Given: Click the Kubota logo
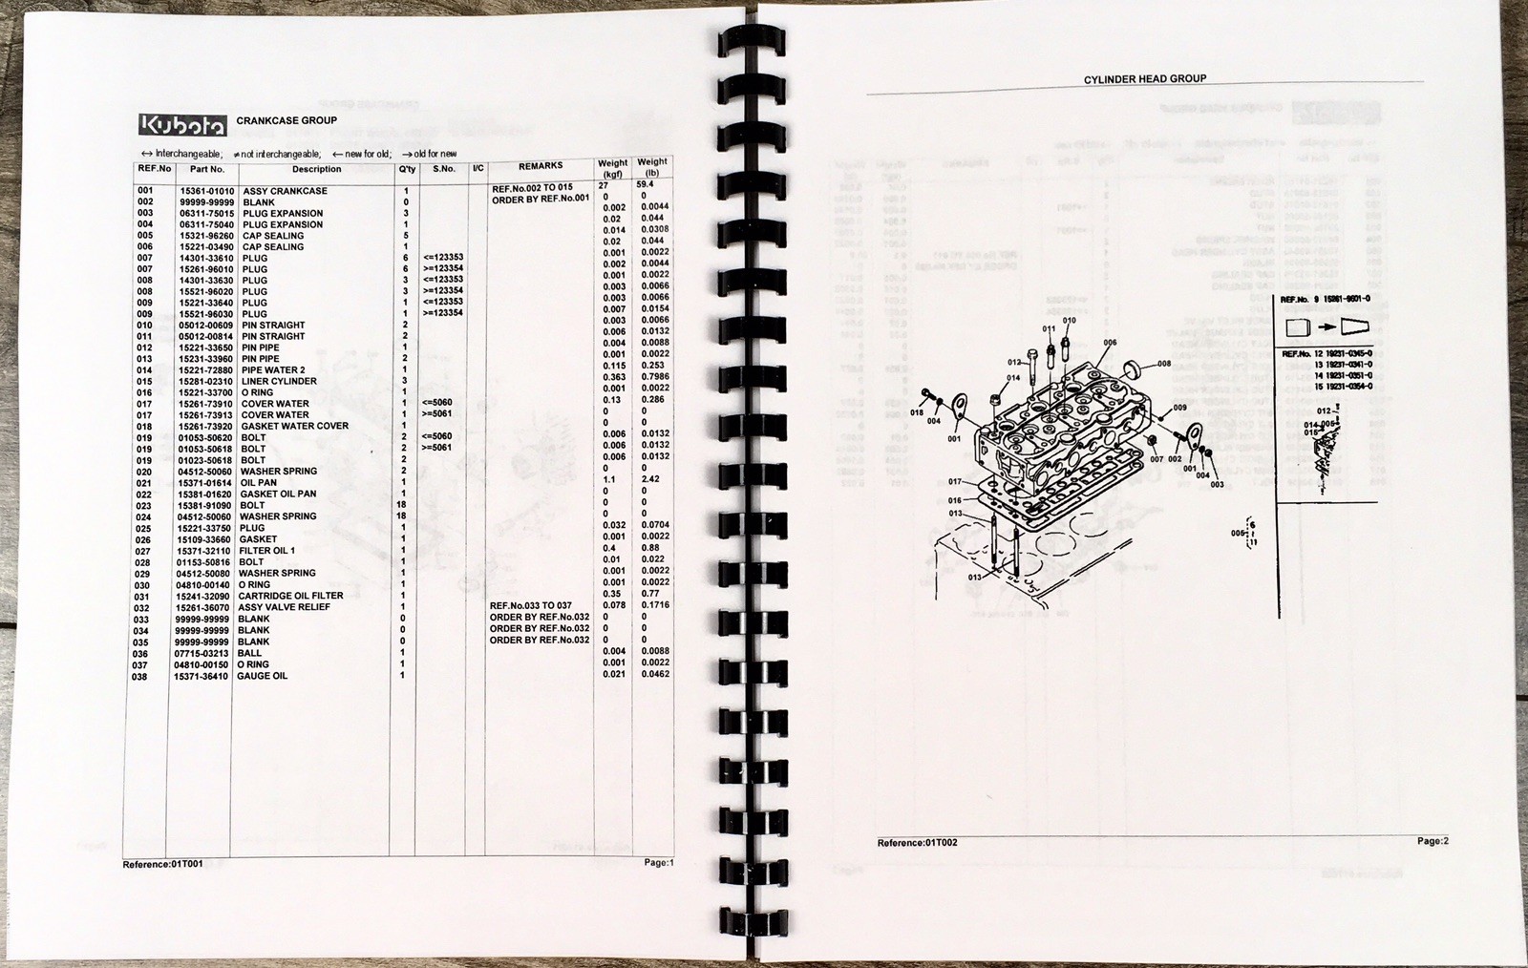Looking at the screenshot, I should click(183, 125).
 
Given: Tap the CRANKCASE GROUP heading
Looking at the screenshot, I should click(286, 121).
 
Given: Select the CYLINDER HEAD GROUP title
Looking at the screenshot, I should click(1144, 79).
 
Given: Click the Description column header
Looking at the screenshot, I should click(316, 170).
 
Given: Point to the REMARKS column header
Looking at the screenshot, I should click(541, 166).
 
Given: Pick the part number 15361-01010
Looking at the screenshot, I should click(206, 191).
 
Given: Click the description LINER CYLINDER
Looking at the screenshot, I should click(279, 382).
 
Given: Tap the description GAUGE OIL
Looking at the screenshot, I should click(263, 676).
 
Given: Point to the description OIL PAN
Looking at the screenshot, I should click(259, 483).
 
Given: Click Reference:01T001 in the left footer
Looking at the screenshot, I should click(162, 865).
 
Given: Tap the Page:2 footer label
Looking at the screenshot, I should click(1432, 841).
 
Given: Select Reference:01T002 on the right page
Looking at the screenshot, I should click(917, 843).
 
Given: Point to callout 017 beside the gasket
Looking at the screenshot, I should click(955, 482).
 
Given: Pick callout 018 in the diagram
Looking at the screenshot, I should click(917, 413).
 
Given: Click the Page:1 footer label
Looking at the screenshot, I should click(658, 863).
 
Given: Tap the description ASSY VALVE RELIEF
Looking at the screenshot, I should click(284, 607).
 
